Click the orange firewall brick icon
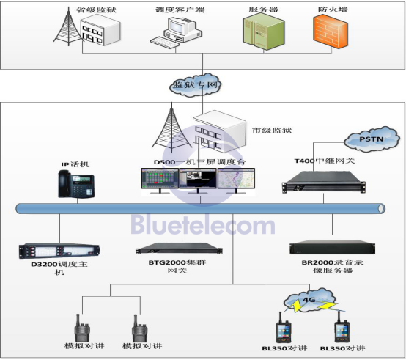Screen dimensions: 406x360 (331, 32)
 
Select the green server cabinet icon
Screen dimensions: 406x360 (264, 32)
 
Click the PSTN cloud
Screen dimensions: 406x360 (372, 139)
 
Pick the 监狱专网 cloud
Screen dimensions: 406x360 (196, 85)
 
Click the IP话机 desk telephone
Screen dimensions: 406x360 (76, 184)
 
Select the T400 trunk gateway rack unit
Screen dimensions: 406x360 (324, 182)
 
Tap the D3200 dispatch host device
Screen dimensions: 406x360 (59, 251)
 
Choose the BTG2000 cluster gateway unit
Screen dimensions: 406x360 (179, 248)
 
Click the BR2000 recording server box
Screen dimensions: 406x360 (333, 247)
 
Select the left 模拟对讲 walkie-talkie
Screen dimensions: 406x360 (82, 328)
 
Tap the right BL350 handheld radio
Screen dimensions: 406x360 (342, 327)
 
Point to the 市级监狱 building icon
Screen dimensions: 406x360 (219, 131)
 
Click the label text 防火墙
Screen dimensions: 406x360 (333, 10)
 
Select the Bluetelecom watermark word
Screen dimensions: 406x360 (203, 225)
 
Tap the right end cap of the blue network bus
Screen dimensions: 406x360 (381, 208)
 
